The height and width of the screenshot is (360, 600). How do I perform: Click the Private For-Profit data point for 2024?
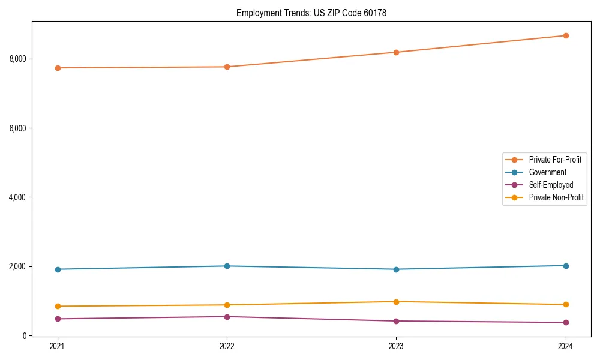(x=565, y=35)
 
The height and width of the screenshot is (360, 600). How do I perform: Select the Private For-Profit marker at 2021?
(x=58, y=68)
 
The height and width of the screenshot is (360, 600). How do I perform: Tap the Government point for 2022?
(x=227, y=266)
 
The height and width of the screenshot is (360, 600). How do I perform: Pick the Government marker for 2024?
(x=565, y=265)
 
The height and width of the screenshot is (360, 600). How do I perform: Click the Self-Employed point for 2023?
(x=396, y=321)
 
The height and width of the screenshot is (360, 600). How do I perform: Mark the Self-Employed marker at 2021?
(x=58, y=319)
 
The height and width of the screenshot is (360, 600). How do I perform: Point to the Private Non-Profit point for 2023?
(x=396, y=302)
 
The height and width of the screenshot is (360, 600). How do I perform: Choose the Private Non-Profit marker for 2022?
(x=227, y=305)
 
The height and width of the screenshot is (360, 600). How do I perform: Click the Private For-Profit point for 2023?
(x=396, y=52)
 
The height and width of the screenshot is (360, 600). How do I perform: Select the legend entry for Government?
(x=547, y=172)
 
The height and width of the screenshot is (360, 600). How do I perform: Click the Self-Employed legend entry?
(x=551, y=185)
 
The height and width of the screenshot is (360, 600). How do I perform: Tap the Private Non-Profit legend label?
(x=556, y=197)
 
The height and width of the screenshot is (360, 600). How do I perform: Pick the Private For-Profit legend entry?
(x=555, y=160)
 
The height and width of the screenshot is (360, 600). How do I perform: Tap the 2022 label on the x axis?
(x=227, y=346)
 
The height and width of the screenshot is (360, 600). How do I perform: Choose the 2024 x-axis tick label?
(x=565, y=346)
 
